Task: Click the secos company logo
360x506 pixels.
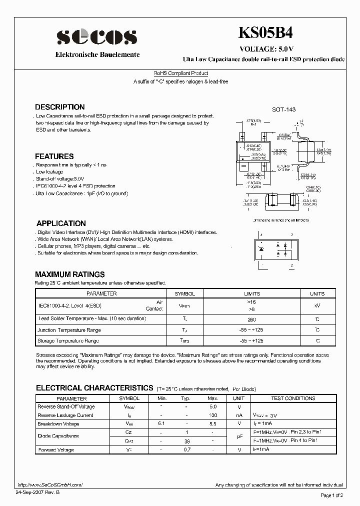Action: coord(96,36)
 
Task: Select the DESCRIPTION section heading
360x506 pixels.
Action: coord(59,107)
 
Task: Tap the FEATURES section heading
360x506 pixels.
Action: coord(54,156)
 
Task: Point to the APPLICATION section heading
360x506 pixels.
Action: coord(61,223)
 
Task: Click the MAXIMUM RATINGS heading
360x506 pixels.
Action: coord(69,274)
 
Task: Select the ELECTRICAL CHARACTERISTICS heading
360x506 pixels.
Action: coord(94,387)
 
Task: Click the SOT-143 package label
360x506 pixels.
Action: coord(283,110)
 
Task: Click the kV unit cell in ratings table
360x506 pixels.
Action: coord(317,305)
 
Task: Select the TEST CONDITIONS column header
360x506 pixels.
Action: coord(293,398)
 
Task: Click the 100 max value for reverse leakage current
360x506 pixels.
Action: coord(212,415)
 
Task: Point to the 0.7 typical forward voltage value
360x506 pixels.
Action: coord(186,450)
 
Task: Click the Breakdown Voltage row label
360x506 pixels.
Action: coord(58,424)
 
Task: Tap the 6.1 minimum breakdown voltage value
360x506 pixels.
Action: coord(161,424)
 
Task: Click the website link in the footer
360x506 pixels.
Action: coord(49,485)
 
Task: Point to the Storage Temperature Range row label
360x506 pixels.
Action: coord(68,341)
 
